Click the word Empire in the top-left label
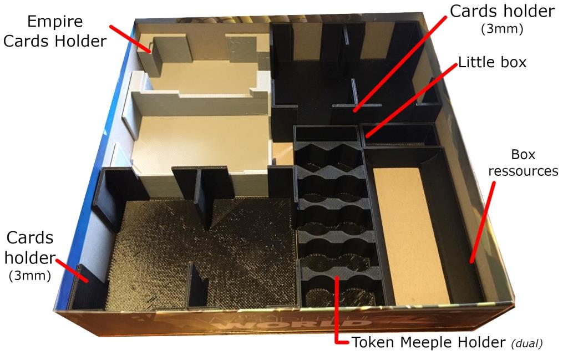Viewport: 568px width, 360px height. tap(55, 22)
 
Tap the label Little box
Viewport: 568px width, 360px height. tap(493, 62)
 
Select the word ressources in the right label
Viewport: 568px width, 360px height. tap(523, 171)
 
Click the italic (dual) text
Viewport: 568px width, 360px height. tap(527, 343)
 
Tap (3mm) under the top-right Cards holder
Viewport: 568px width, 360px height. tap(502, 29)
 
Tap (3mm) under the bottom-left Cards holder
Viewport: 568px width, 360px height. tap(30, 276)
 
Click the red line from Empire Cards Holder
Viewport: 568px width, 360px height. tap(131, 39)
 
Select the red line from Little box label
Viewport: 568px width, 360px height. tap(411, 101)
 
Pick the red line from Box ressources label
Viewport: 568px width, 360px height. tap(483, 222)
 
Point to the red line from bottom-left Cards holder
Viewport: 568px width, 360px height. tap(72, 270)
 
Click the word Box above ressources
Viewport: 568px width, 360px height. tap(523, 155)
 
